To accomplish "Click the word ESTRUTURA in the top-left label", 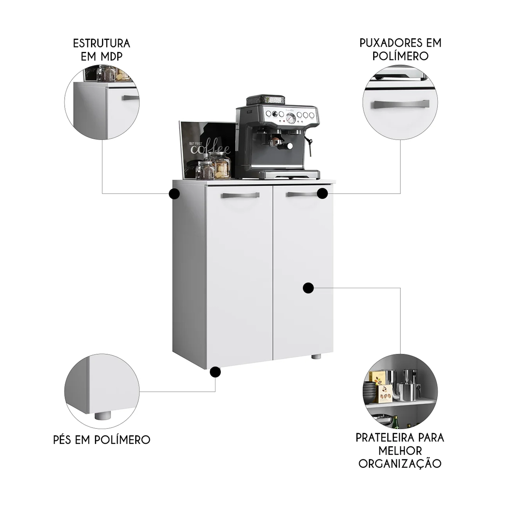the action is coord(102,43).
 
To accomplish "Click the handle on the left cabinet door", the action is coord(240,195).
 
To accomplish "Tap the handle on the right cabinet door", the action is coord(302,194).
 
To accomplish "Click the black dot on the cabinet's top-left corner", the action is coord(174,194).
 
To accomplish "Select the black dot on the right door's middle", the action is coord(308,288).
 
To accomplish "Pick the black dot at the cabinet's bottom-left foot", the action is coord(215,372).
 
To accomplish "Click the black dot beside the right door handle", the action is coord(322,194).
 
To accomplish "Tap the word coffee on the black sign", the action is coord(210,149).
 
